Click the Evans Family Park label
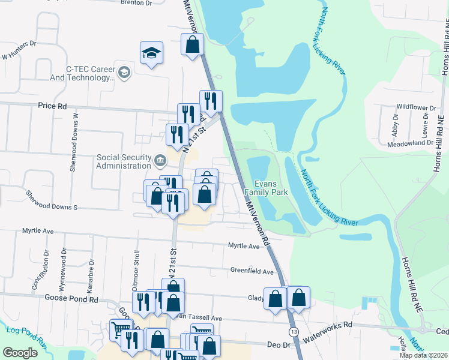click(271, 188)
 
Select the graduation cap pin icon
click(152, 54)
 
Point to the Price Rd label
click(52, 106)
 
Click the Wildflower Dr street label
click(415, 107)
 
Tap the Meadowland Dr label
click(410, 143)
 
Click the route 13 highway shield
click(294, 332)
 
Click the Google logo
click(20, 352)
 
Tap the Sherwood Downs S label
click(52, 201)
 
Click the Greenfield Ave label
click(252, 271)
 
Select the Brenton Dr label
click(137, 3)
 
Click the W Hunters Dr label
click(19, 51)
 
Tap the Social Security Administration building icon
click(160, 160)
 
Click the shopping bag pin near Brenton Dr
click(192, 44)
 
